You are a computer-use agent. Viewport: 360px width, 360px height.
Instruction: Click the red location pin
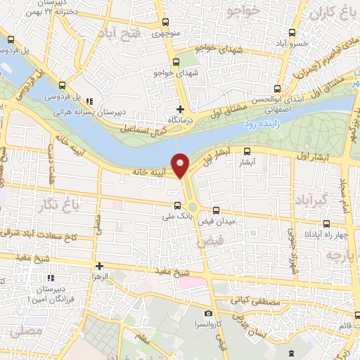pos(181,165)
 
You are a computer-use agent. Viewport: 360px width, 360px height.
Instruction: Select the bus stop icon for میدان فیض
pos(216,210)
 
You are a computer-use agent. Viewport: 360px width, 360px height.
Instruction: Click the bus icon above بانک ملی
pos(179,206)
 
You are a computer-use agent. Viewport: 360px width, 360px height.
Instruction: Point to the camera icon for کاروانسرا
pos(208,313)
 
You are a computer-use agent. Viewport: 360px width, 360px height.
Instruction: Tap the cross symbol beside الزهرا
pos(100,266)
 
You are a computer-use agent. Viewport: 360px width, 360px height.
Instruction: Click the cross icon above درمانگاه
pos(181,109)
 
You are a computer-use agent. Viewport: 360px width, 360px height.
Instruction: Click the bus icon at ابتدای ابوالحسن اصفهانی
pos(277,89)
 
